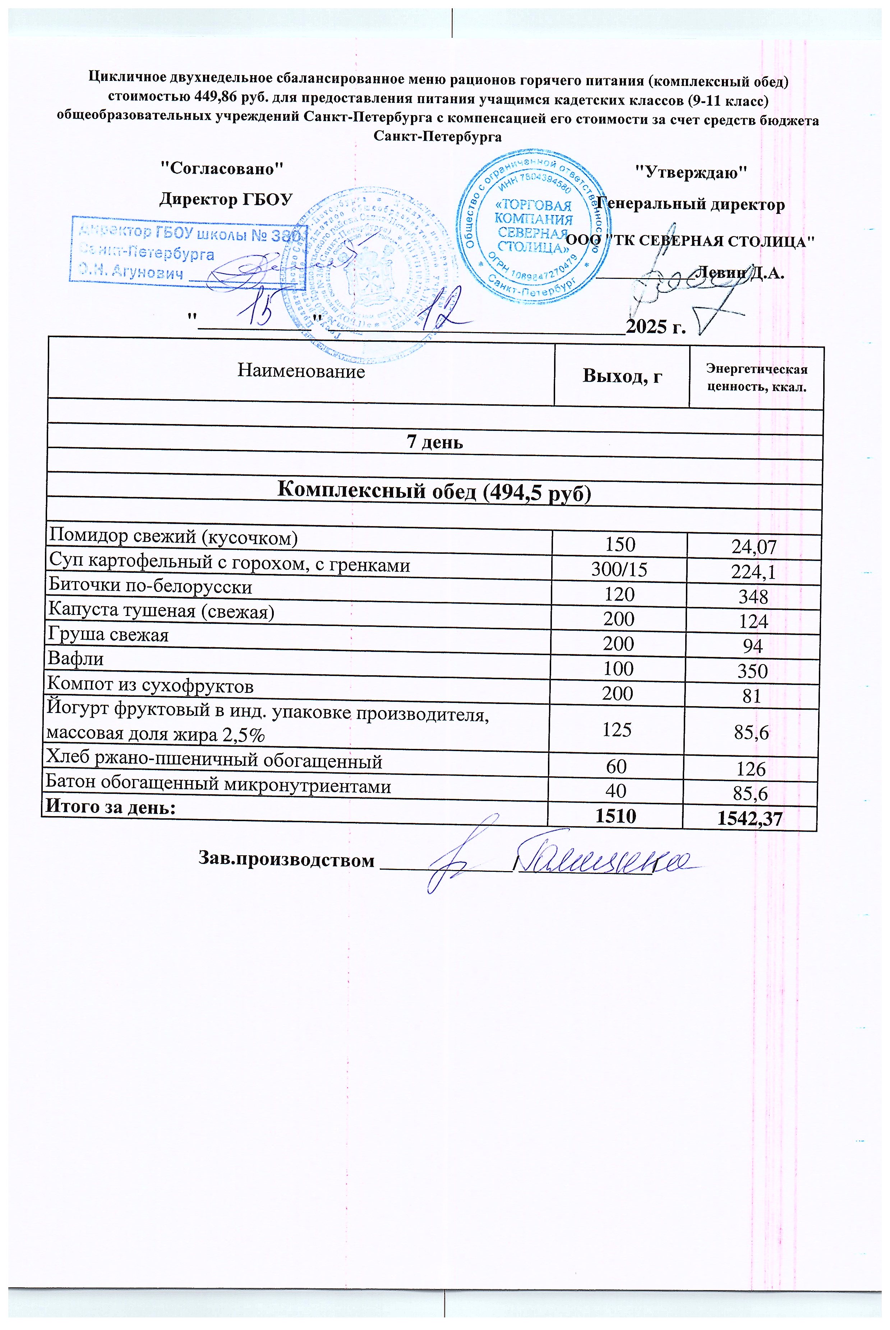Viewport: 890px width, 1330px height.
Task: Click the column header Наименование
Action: click(x=301, y=371)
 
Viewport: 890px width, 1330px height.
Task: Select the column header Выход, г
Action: click(x=622, y=376)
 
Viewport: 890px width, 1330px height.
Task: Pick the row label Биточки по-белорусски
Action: click(x=151, y=585)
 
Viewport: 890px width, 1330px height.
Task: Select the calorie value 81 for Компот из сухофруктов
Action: click(x=752, y=696)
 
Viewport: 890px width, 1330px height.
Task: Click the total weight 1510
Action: click(x=616, y=816)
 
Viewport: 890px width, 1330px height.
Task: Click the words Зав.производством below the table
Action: click(x=287, y=860)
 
